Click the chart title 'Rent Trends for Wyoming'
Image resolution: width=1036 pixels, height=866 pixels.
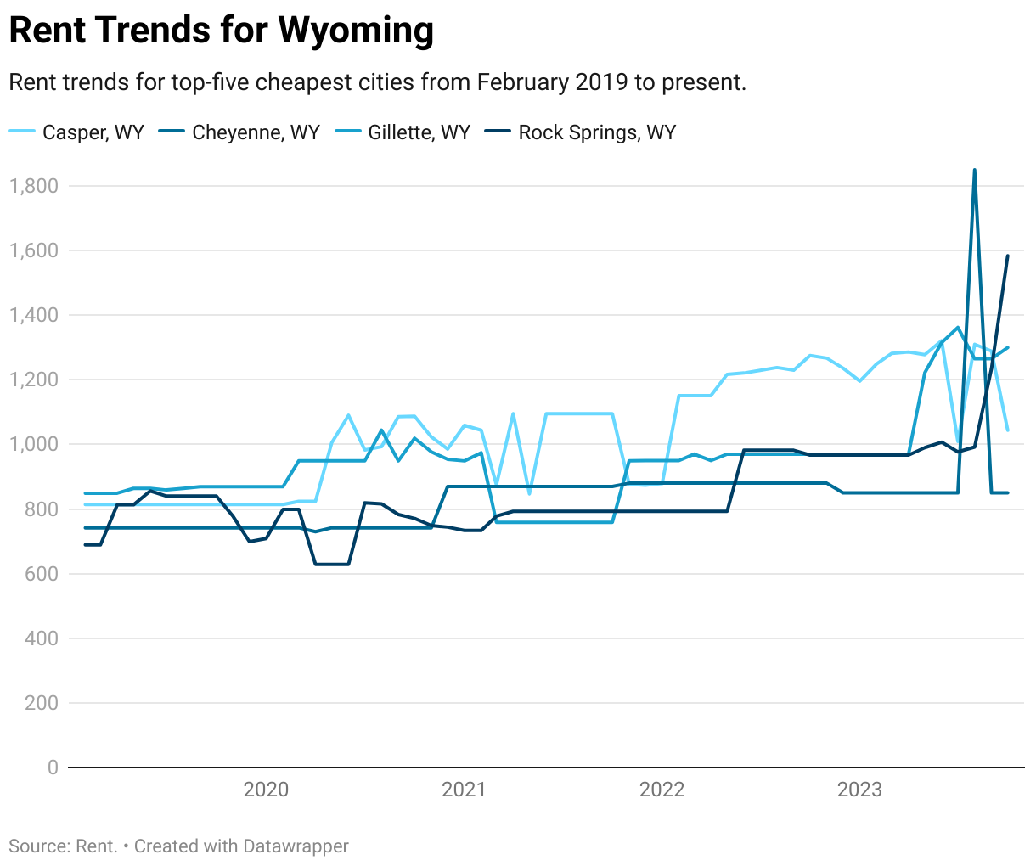(x=221, y=31)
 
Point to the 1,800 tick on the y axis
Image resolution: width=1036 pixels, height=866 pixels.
(x=34, y=186)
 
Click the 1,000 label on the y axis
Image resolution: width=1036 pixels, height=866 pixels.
(x=34, y=444)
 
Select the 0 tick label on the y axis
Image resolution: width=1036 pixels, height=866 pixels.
(x=53, y=768)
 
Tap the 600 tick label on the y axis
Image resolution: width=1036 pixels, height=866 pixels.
(x=41, y=574)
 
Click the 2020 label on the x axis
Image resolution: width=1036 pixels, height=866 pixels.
(x=266, y=790)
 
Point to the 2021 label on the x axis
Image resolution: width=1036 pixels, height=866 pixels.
(x=464, y=790)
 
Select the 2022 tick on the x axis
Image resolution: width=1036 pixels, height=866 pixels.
(x=662, y=790)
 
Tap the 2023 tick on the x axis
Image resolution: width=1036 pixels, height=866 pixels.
(x=859, y=790)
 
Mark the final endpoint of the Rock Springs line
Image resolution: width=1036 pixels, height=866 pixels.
(x=1008, y=256)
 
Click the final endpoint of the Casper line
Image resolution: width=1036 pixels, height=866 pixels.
(x=1008, y=430)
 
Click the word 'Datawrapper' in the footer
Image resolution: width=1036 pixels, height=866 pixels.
(x=296, y=846)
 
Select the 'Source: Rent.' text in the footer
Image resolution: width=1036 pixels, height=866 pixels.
(x=63, y=846)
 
